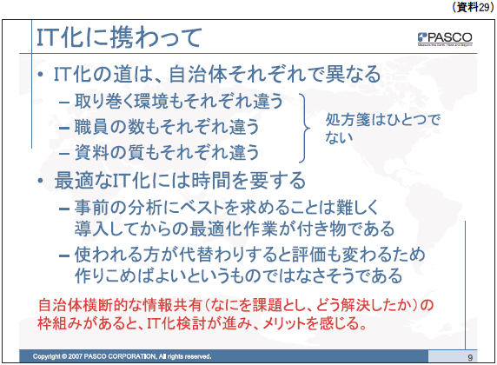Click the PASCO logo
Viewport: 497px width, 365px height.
pos(445,39)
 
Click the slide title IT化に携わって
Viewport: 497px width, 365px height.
pos(119,37)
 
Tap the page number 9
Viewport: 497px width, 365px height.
pos(470,358)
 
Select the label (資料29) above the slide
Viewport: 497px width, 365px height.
pos(473,7)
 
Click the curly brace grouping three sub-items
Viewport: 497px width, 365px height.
pos(305,128)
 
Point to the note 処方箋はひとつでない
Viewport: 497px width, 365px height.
pos(382,128)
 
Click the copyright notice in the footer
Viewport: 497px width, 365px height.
pos(122,356)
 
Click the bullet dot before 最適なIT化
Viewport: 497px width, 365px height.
pos(40,181)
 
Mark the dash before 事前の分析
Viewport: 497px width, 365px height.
pos(64,209)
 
